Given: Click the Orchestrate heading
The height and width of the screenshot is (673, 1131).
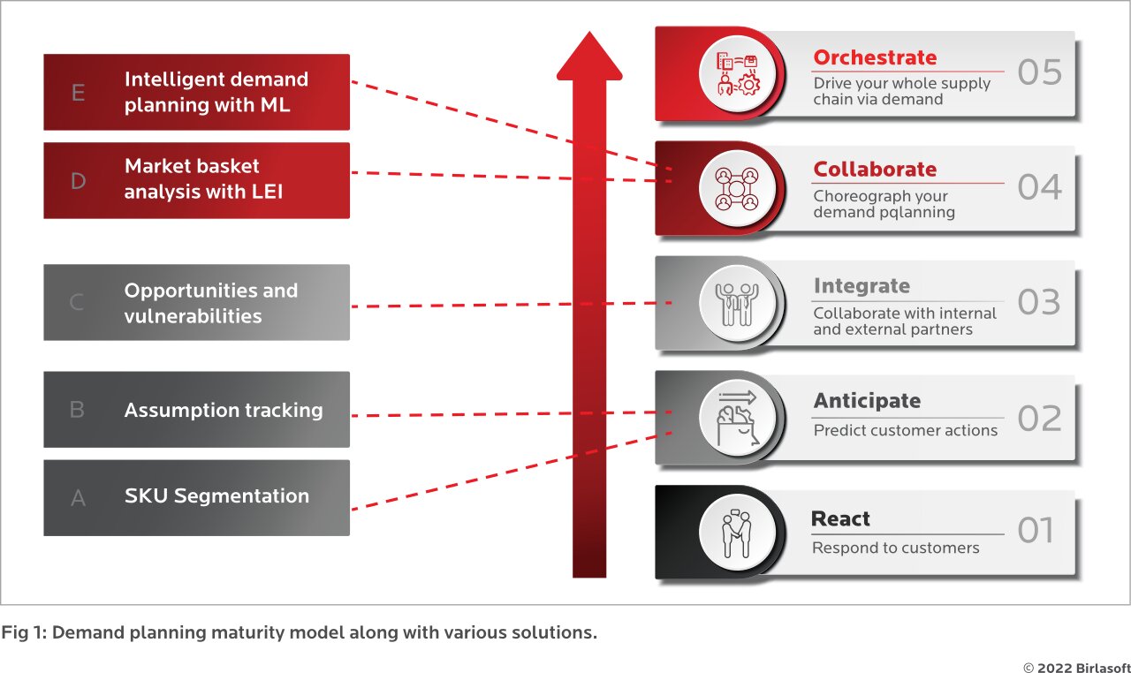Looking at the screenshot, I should (x=874, y=57).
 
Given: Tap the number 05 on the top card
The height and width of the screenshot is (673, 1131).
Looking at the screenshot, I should (x=1039, y=72).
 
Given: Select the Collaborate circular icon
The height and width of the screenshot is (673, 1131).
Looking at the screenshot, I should (x=736, y=188).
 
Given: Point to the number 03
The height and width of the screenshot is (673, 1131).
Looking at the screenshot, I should (x=1038, y=302).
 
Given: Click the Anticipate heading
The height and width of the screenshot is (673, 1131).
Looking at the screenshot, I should (x=866, y=401).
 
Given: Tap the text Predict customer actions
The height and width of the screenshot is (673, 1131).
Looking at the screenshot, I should (x=905, y=430).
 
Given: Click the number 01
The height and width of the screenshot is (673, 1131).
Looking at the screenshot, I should (x=1036, y=531).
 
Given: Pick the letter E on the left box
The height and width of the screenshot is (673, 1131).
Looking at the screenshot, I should (x=78, y=92).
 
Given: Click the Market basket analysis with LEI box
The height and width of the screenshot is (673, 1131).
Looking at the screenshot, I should (x=196, y=179).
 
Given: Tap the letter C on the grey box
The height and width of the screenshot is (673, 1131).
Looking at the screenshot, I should (x=77, y=303).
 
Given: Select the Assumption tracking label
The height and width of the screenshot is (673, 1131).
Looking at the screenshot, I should (x=223, y=410).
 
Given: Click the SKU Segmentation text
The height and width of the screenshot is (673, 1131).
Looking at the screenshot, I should (x=216, y=496).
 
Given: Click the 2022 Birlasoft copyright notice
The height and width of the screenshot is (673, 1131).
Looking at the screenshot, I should (x=1074, y=668).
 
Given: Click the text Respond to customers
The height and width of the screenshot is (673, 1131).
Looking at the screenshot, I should (x=895, y=548).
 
